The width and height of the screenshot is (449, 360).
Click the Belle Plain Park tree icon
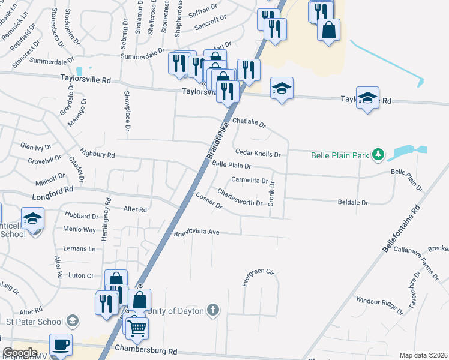tap(378, 155)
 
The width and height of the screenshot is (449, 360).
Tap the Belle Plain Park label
tap(340, 156)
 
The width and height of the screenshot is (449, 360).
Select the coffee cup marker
tap(61, 344)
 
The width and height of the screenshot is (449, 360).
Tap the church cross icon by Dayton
tap(212, 310)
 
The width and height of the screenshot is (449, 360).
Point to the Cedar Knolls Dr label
tap(258, 154)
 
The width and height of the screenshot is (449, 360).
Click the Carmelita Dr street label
tap(249, 180)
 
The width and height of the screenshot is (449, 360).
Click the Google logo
tap(20, 353)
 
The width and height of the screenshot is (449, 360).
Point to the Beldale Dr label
tap(352, 203)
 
